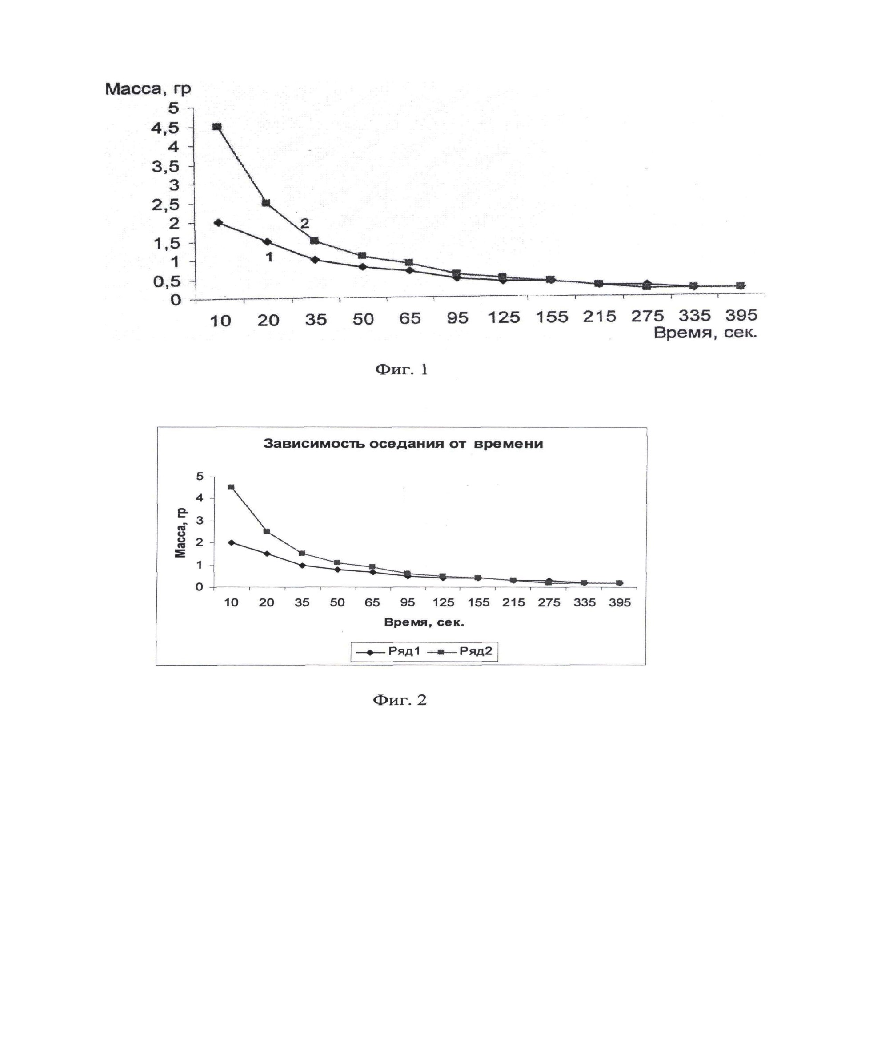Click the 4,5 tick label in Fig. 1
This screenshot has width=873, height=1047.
tap(165, 128)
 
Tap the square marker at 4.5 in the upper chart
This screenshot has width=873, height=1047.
tap(217, 127)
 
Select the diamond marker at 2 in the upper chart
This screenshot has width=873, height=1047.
tap(218, 222)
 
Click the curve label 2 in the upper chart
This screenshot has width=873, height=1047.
tap(304, 223)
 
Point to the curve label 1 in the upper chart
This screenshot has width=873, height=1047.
tap(269, 257)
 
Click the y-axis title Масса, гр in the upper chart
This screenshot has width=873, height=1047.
tap(148, 89)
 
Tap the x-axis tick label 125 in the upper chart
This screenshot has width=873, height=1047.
tap(504, 317)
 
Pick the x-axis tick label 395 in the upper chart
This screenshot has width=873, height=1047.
tap(741, 315)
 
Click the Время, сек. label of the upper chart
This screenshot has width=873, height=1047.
tap(705, 333)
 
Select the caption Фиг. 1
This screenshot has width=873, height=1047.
tap(401, 369)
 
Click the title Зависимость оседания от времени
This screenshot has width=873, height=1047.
tap(403, 444)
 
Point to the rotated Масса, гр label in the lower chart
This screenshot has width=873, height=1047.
tap(180, 533)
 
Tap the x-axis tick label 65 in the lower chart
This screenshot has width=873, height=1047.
tap(372, 602)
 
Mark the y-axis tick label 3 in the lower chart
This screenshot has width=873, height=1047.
tap(200, 521)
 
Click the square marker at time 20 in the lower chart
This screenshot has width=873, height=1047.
tap(266, 531)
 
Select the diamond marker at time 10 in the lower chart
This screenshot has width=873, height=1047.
tap(231, 542)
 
